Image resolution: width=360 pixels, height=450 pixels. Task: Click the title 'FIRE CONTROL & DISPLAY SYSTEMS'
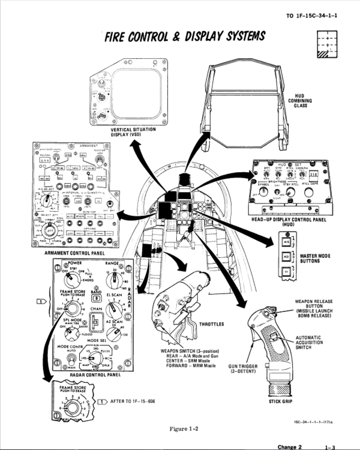coord(184,37)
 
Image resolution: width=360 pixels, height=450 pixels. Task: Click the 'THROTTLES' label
coord(211,324)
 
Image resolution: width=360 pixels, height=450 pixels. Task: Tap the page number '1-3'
coord(330,446)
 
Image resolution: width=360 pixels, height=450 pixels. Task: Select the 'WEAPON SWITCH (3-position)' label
coord(190,351)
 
